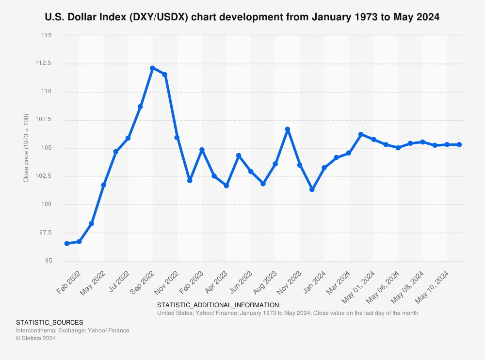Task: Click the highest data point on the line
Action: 152,68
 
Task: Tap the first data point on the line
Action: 67,244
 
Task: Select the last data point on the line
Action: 459,144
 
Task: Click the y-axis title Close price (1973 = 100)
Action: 26,148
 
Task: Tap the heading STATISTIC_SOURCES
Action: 49,322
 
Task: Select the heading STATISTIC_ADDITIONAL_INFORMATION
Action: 219,305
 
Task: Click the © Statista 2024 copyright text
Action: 36,339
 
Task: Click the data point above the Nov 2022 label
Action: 177,138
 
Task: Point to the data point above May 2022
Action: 103,185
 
